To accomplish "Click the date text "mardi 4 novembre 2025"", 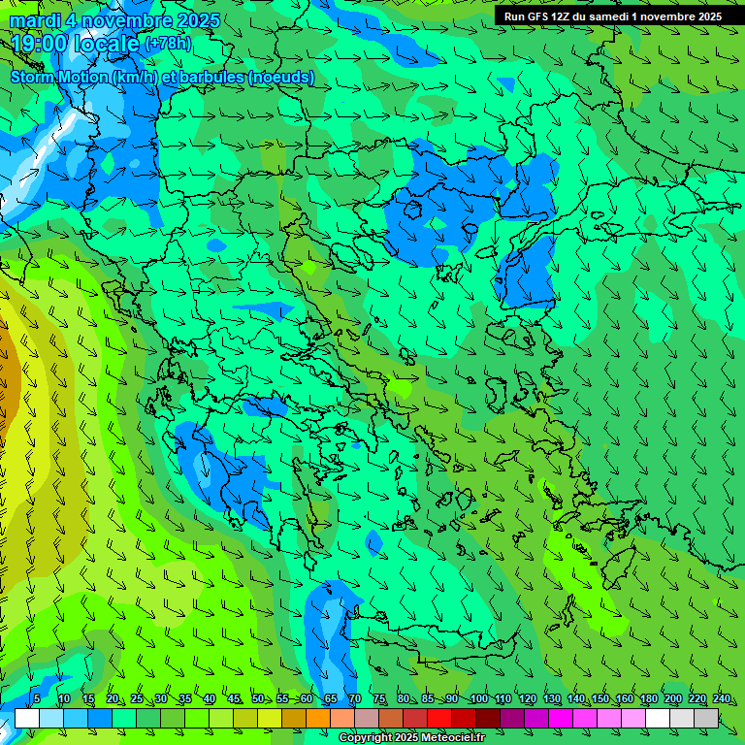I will pos(114,20).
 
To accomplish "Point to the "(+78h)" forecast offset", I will pos(168,44).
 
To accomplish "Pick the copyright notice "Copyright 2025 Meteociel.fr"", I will pos(411,738).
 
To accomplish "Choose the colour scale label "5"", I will pos(37,698).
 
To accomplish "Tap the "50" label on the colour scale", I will pos(257,698).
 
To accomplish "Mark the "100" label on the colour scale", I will pos(478,698).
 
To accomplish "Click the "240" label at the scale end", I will pos(721,698).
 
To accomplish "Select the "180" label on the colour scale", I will pos(648,698).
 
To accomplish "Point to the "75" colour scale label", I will pos(378,698).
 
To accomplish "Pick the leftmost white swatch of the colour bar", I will pos(27,718).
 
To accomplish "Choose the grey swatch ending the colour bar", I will pos(706,718).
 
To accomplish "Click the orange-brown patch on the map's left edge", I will pos(7,369).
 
